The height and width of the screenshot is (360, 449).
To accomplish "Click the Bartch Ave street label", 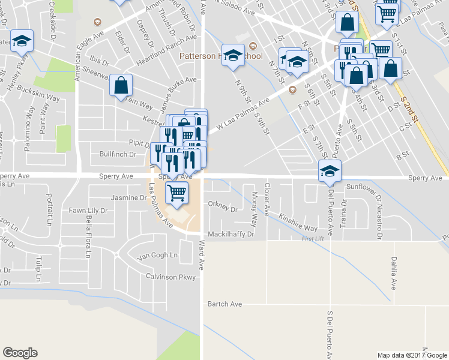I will (x=224, y=304).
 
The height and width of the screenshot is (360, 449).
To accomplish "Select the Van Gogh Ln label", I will (x=158, y=256).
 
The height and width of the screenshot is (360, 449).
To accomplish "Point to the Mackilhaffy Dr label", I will (x=232, y=234).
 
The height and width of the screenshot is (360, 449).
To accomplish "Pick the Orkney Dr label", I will (x=223, y=210).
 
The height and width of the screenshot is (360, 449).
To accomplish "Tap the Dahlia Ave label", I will (x=394, y=273).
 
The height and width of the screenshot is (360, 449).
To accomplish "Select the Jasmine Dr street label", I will (x=125, y=197).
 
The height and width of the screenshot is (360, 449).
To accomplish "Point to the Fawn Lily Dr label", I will (x=88, y=211).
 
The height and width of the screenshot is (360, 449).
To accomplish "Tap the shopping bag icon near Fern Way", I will (x=121, y=85).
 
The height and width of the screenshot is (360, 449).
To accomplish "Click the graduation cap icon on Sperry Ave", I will (x=330, y=171).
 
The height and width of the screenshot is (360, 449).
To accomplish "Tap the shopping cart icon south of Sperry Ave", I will (x=176, y=193).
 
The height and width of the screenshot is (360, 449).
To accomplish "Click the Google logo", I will (x=20, y=353).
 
